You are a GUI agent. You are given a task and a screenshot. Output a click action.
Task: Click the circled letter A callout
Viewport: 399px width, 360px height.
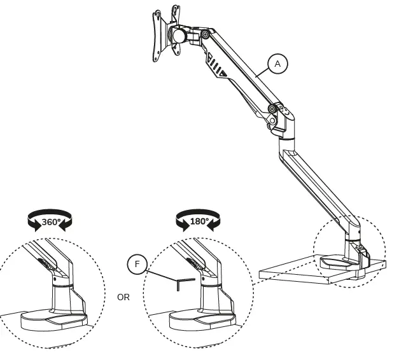click(x=277, y=64)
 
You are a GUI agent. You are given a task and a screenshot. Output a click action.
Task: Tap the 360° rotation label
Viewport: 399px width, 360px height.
click(x=51, y=223)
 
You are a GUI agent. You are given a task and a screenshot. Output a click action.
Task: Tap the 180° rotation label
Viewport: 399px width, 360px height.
click(x=199, y=223)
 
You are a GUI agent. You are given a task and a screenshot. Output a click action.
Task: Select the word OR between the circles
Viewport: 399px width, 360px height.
click(x=123, y=297)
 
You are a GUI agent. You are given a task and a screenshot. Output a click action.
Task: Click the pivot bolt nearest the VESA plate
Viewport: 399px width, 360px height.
click(x=205, y=34)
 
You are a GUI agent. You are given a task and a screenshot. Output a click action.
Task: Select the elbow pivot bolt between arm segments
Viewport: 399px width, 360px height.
click(x=273, y=109)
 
